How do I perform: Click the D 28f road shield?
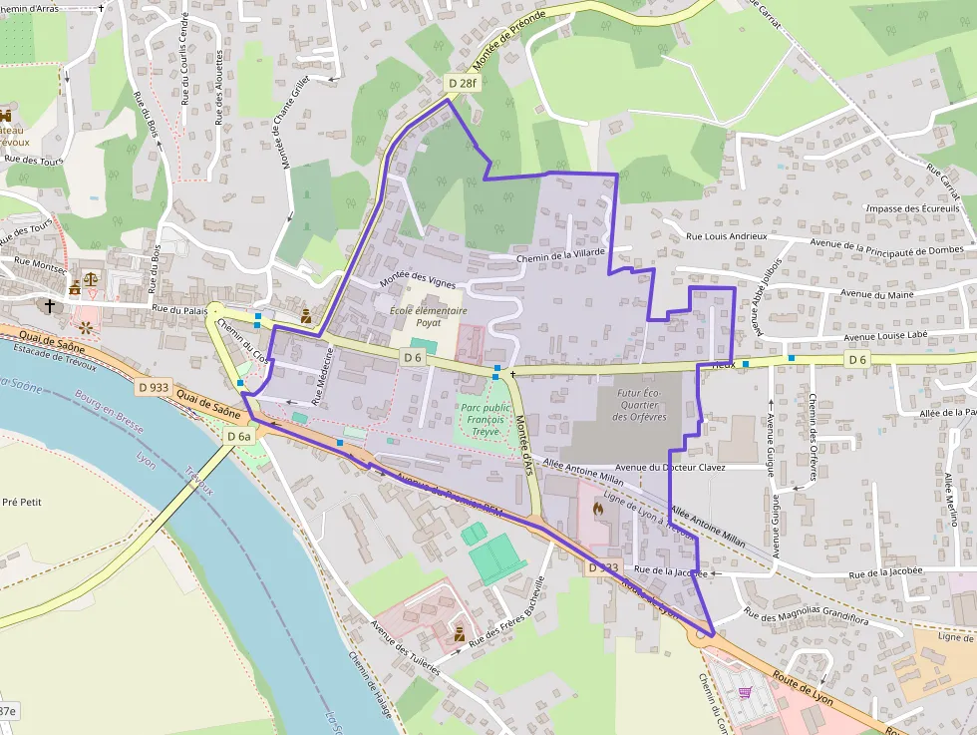click(463, 83)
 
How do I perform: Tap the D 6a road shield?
click(238, 436)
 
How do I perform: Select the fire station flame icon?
click(598, 509)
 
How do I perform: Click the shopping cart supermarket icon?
click(744, 692)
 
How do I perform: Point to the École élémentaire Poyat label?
click(429, 316)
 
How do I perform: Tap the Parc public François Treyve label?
click(486, 420)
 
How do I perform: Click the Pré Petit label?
click(22, 503)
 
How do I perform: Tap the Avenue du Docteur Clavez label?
click(671, 467)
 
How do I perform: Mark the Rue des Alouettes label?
click(219, 87)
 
